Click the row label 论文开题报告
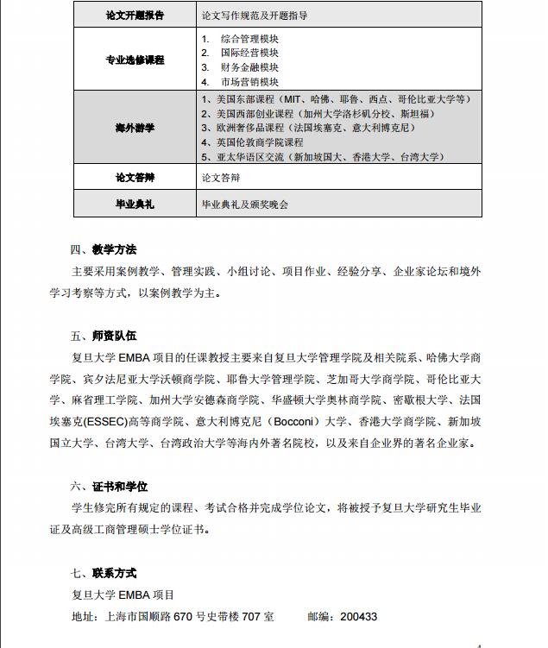(x=134, y=16)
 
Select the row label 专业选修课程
(x=134, y=60)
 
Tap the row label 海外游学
(x=134, y=128)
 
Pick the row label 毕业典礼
(x=134, y=204)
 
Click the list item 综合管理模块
(x=250, y=40)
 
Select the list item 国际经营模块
(x=250, y=53)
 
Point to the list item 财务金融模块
(x=250, y=67)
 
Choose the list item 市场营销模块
(x=250, y=82)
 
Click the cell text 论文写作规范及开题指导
(x=254, y=16)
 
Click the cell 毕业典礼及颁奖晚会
(x=244, y=204)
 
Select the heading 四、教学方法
(x=104, y=250)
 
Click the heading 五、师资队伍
(x=104, y=336)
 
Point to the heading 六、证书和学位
(x=109, y=487)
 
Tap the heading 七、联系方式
(x=104, y=573)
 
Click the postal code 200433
(x=358, y=617)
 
